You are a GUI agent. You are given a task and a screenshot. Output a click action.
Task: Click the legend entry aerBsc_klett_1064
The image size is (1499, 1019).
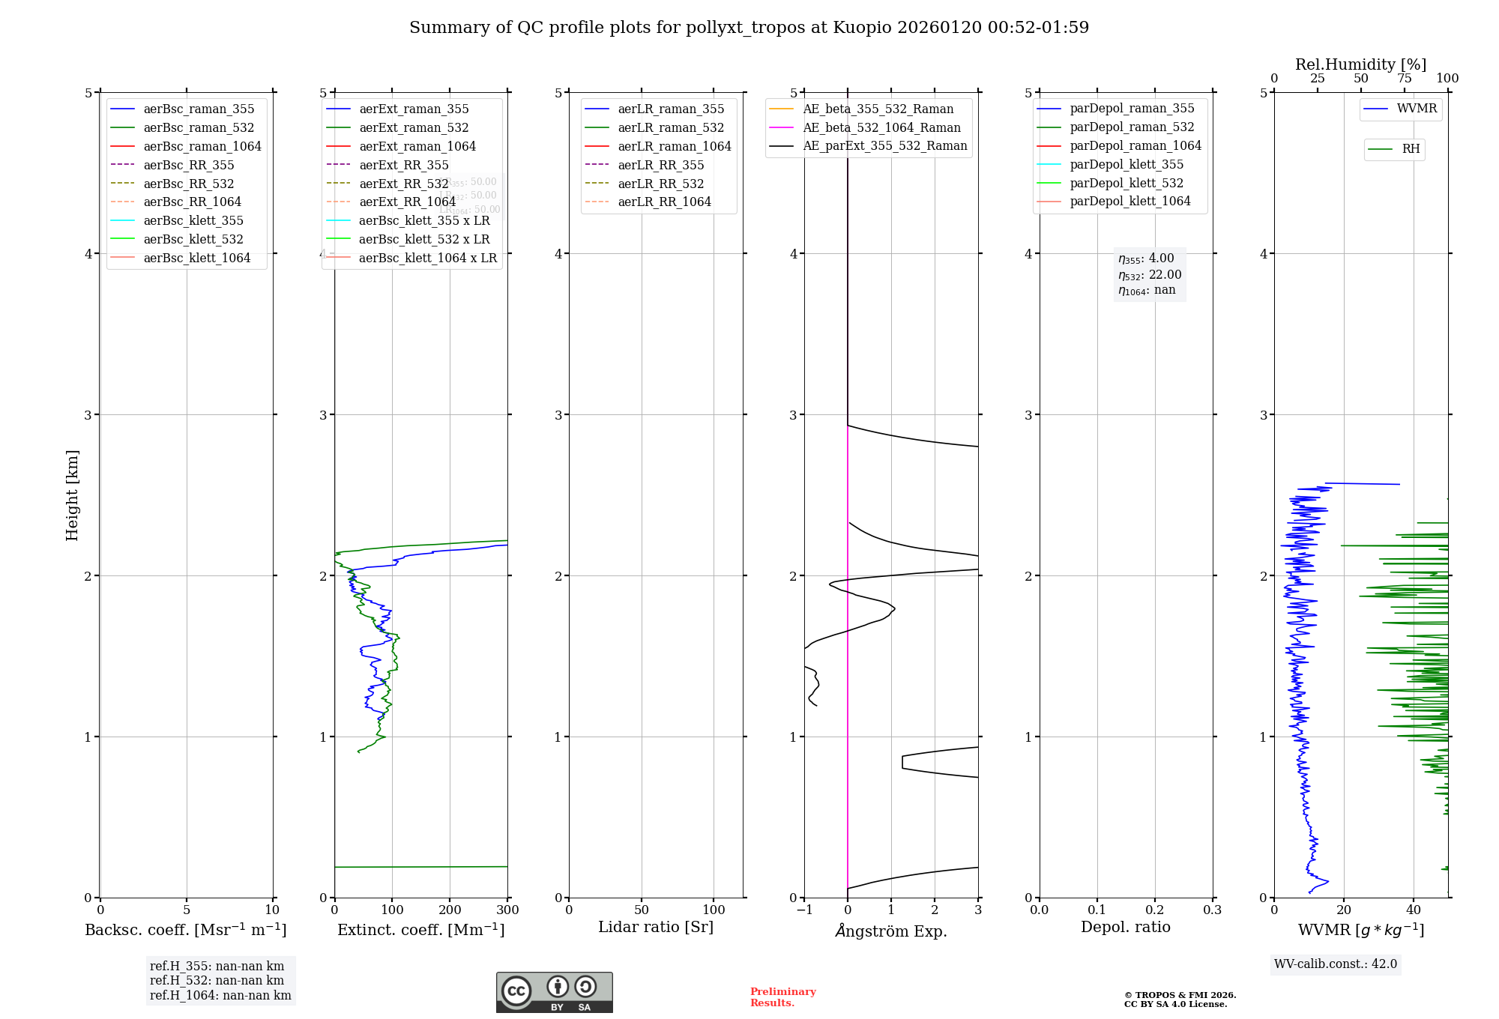pos(197,258)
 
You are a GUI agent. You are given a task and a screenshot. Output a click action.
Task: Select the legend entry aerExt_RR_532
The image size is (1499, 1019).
pos(403,184)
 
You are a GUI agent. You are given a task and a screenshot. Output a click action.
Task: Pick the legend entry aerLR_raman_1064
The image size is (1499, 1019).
pos(675,146)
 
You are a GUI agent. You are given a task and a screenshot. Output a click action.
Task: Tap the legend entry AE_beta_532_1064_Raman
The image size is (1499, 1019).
pos(881,127)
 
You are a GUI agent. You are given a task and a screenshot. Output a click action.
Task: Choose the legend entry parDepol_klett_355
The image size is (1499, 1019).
pos(1126,164)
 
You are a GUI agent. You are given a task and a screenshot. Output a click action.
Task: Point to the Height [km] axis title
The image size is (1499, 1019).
pos(72,495)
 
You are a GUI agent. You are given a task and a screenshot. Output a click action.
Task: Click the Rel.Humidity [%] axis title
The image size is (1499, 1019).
pos(1360,64)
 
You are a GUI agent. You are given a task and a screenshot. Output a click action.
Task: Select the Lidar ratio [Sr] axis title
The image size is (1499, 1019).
pos(656,927)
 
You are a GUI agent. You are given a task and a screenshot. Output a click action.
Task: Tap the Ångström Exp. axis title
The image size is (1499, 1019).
pos(891,931)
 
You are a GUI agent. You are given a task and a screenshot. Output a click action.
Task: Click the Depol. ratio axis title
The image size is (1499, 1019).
pos(1125,927)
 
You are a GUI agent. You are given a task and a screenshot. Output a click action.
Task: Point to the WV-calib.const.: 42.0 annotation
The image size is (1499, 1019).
pos(1336,964)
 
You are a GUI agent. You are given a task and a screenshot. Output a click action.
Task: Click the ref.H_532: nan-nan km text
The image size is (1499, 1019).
pos(217,980)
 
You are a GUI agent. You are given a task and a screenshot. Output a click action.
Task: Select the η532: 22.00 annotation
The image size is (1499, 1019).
pos(1150,274)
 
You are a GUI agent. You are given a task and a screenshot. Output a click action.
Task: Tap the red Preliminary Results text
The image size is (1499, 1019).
pos(782,997)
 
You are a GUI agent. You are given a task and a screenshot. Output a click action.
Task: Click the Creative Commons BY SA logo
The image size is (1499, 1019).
pos(554,992)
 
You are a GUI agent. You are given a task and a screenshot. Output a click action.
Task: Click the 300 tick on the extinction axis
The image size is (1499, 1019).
pos(507,910)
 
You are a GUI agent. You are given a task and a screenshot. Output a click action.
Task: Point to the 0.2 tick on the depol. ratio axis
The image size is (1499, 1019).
pos(1155,910)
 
